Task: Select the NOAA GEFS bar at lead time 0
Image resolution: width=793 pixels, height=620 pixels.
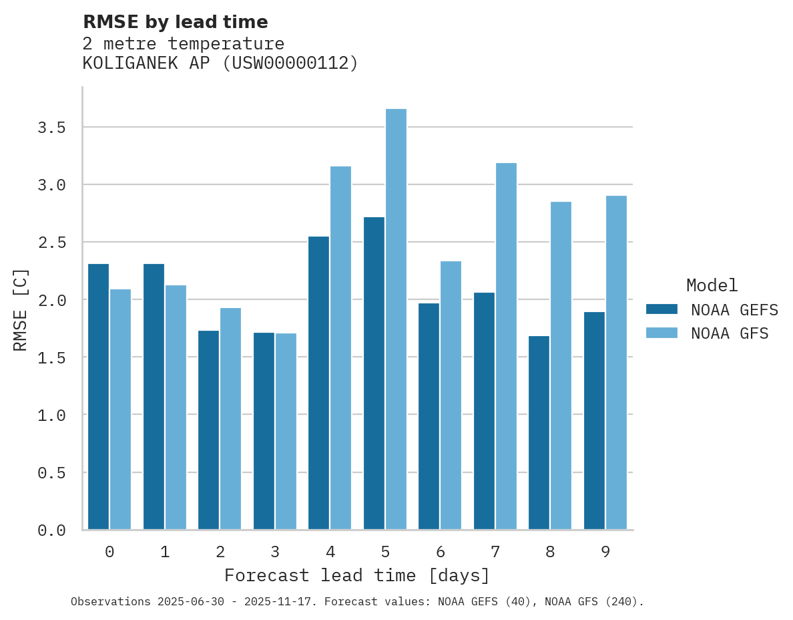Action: pos(98,397)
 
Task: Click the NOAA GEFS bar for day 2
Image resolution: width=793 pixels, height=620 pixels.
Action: pos(208,430)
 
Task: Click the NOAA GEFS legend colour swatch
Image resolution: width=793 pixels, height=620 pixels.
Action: pos(662,309)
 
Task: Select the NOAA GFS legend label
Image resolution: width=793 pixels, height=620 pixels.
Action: pos(730,333)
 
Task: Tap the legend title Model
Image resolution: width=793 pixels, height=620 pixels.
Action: pos(712,285)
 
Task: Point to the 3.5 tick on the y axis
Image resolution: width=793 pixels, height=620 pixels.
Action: pos(51,127)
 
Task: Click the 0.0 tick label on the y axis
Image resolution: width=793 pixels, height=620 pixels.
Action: pos(51,530)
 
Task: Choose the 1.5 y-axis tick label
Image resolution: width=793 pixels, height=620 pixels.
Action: pos(51,357)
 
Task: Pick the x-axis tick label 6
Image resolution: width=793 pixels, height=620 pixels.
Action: pos(441,552)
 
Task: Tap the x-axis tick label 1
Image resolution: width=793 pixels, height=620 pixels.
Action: pos(165,552)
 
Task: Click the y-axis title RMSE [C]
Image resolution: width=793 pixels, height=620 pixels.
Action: pos(21,309)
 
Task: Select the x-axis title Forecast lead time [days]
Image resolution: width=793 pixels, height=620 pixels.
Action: pos(357,575)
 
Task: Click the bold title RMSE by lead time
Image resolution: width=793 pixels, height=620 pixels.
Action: pos(175,22)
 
